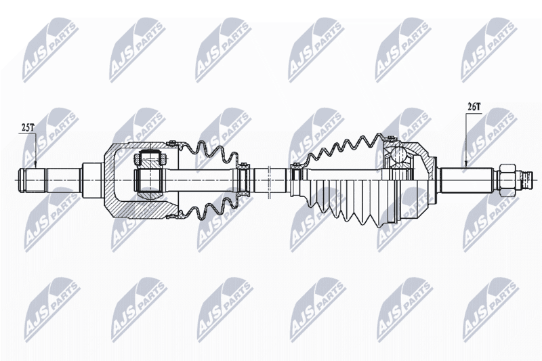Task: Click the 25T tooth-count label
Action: click(x=28, y=128)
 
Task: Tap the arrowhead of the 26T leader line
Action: click(x=466, y=164)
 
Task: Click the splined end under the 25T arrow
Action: click(x=33, y=180)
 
